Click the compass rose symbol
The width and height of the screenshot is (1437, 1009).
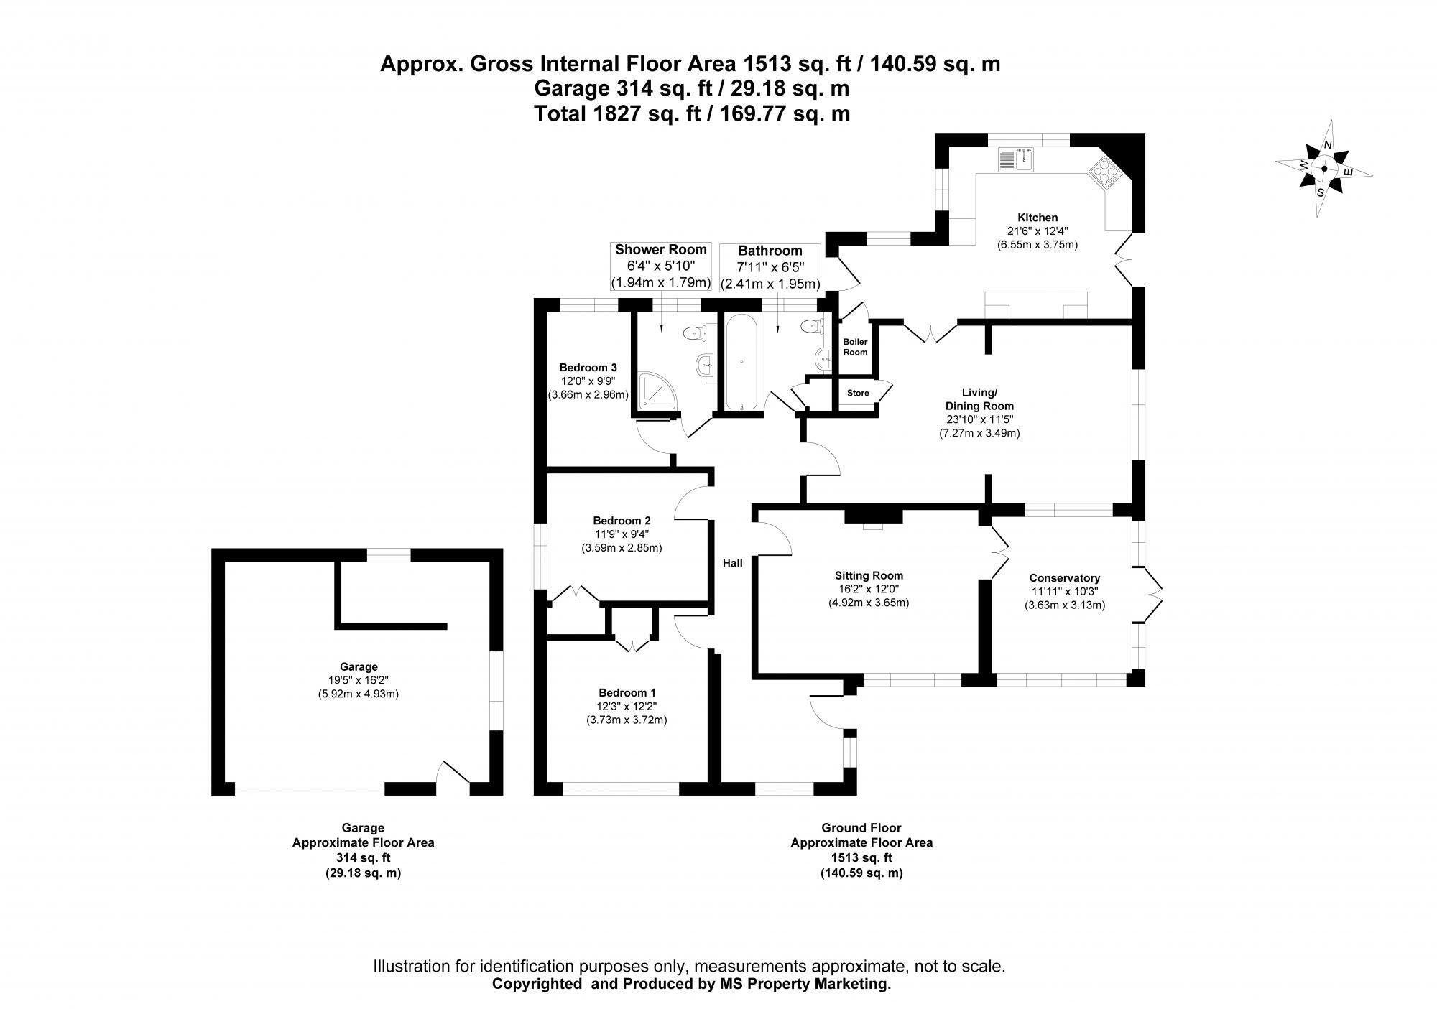pyautogui.click(x=1323, y=169)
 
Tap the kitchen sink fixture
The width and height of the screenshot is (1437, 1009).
pyautogui.click(x=1015, y=159)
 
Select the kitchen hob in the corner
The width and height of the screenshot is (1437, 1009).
pyautogui.click(x=1105, y=175)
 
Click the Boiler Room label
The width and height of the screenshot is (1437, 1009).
pyautogui.click(x=855, y=347)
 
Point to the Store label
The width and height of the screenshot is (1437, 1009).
pyautogui.click(x=858, y=393)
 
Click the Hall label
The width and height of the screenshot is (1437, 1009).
pyautogui.click(x=732, y=563)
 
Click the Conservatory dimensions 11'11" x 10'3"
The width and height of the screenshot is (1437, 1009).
pyautogui.click(x=1065, y=592)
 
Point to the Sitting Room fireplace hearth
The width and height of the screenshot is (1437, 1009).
pyautogui.click(x=872, y=526)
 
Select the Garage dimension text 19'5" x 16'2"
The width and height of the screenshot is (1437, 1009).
pyautogui.click(x=359, y=680)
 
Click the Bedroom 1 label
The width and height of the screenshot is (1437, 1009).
pyautogui.click(x=627, y=693)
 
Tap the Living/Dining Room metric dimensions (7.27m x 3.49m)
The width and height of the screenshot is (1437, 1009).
pyautogui.click(x=979, y=433)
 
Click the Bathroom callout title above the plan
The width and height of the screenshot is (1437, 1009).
pyautogui.click(x=770, y=251)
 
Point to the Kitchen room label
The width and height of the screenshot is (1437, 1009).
pyautogui.click(x=1038, y=218)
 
